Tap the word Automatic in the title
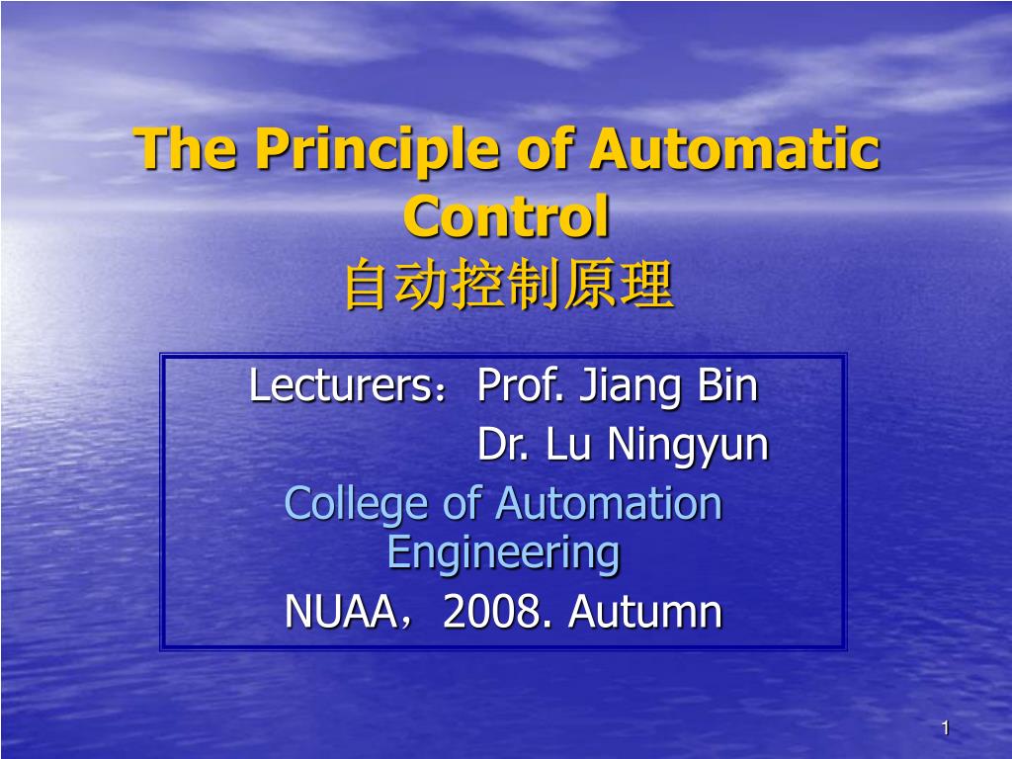tap(734, 148)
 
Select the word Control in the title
tap(506, 216)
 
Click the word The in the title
tap(185, 148)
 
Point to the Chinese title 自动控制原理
tap(509, 285)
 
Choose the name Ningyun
tap(688, 447)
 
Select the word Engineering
tap(503, 554)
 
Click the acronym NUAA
tap(341, 611)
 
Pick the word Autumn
tap(644, 611)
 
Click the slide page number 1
tap(946, 728)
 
